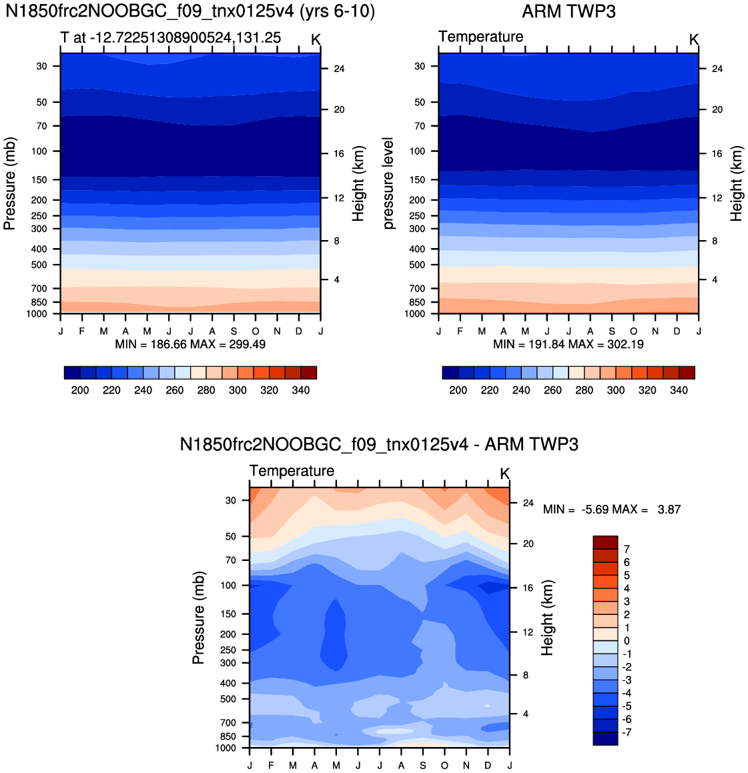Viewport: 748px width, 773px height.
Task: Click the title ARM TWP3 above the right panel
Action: (569, 11)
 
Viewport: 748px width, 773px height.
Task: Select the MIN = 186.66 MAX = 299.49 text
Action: (190, 344)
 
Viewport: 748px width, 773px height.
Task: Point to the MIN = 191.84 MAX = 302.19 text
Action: (569, 344)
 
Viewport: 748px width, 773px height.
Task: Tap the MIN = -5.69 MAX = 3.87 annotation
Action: (612, 510)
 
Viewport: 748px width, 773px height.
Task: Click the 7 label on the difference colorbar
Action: (627, 549)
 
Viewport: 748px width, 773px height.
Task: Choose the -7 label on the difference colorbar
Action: (625, 732)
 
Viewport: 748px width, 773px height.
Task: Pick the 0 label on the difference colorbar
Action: (627, 641)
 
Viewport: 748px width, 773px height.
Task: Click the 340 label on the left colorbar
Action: (301, 390)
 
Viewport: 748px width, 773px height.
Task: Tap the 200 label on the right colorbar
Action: (458, 390)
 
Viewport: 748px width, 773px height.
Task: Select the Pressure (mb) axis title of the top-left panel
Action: (10, 183)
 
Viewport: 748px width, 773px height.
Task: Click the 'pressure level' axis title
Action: (388, 183)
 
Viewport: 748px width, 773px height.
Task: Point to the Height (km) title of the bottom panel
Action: (547, 618)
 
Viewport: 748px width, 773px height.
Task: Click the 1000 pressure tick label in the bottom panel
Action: (226, 748)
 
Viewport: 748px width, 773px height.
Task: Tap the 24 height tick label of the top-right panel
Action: (717, 69)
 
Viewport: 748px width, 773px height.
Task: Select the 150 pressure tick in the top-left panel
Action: (39, 180)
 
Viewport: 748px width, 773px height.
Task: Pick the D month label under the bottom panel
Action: (488, 765)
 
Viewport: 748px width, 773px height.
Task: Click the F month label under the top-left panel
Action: (82, 331)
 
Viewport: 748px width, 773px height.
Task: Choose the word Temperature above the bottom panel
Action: (292, 471)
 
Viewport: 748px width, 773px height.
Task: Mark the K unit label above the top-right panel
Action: (694, 39)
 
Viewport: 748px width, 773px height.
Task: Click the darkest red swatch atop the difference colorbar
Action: (605, 542)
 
